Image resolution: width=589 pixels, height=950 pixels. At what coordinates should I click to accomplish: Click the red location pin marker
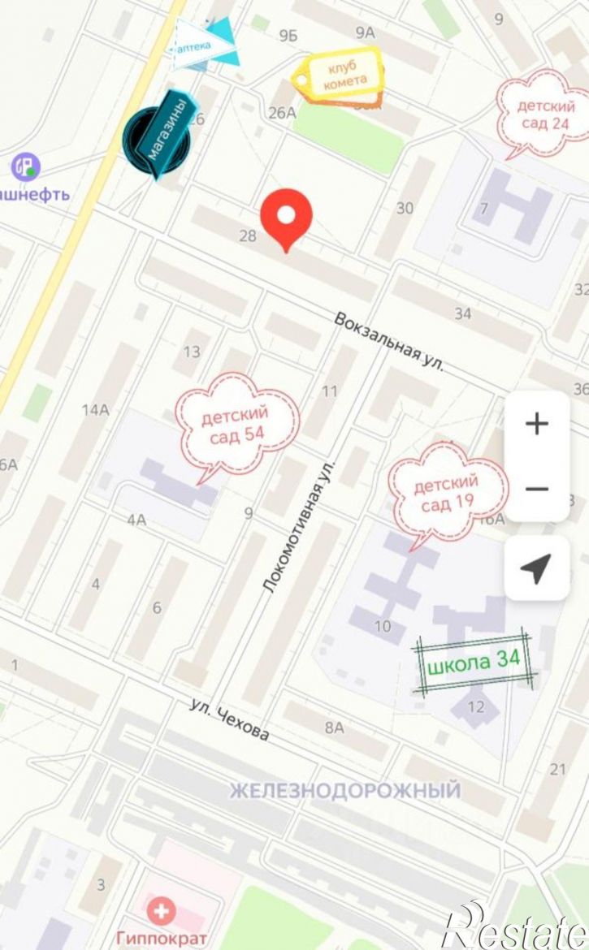pos(286,216)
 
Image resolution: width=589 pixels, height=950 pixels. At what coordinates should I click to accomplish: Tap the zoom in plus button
pos(536,424)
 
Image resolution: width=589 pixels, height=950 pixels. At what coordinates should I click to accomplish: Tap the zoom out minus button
pos(536,489)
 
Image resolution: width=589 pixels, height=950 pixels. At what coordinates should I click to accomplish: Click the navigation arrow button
pos(536,569)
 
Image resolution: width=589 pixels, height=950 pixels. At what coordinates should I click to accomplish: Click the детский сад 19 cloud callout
pos(447,494)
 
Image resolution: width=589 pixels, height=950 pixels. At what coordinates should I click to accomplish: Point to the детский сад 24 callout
pos(543,114)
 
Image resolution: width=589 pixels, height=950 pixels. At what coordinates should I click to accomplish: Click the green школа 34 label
pos(473,661)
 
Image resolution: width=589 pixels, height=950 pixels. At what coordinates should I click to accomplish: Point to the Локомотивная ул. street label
pos(300,527)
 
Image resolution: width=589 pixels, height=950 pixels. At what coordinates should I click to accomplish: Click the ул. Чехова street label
pos(229,719)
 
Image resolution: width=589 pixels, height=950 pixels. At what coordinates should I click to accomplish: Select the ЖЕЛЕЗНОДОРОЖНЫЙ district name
pos(344,790)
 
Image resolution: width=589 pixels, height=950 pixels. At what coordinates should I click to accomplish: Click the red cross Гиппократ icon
pos(161,911)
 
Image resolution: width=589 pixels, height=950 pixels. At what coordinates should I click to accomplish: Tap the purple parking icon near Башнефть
pos(25,167)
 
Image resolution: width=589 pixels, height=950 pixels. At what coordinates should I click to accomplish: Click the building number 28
pos(248,236)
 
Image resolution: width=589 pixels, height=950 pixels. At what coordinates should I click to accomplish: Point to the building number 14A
pos(95,409)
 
